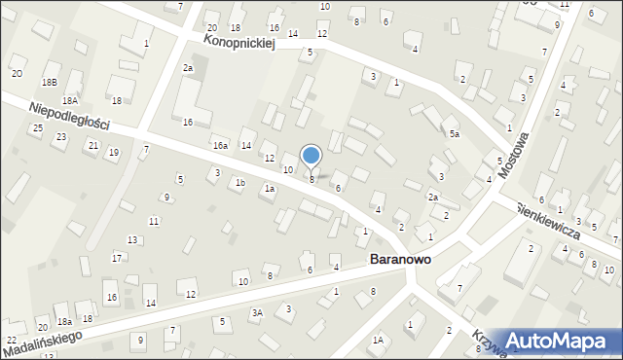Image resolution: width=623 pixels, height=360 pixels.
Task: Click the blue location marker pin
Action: coord(311,156)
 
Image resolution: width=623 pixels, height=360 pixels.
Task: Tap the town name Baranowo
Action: coord(401,261)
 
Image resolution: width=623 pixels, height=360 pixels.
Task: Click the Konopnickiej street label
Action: coord(240,42)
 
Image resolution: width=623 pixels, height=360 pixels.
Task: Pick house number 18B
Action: coord(50,83)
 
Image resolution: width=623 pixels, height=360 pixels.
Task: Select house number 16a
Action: coord(221,146)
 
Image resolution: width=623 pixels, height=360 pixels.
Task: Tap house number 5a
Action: coord(454,133)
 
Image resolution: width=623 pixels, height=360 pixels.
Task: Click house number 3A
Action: coord(257,312)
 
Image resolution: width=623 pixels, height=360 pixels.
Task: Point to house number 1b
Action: coord(239,182)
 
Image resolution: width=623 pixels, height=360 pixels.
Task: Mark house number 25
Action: coord(37,128)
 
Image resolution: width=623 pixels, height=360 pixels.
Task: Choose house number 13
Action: coord(132,239)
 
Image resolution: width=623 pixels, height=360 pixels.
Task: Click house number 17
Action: coord(117,258)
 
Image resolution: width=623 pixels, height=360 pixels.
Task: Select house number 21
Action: coord(92,145)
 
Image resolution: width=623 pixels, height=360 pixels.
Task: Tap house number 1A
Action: coord(378,340)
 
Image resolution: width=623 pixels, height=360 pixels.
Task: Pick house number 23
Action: coord(60,137)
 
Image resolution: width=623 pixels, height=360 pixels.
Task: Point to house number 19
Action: coord(114,152)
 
